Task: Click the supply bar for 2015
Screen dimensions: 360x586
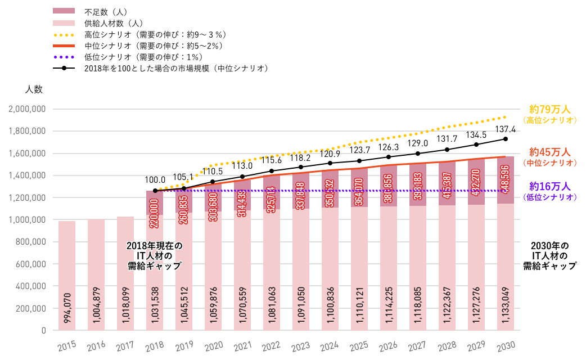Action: coord(67,276)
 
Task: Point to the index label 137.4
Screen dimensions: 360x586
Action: coord(505,129)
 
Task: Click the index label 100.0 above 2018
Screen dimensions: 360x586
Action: coord(155,180)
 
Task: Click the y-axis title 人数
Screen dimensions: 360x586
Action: coord(34,89)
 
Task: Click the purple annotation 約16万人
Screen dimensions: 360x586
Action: coord(550,187)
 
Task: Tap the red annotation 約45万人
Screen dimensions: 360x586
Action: coord(550,152)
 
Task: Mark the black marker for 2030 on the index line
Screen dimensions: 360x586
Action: coord(505,139)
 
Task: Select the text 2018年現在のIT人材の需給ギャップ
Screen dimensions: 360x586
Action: coord(155,256)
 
